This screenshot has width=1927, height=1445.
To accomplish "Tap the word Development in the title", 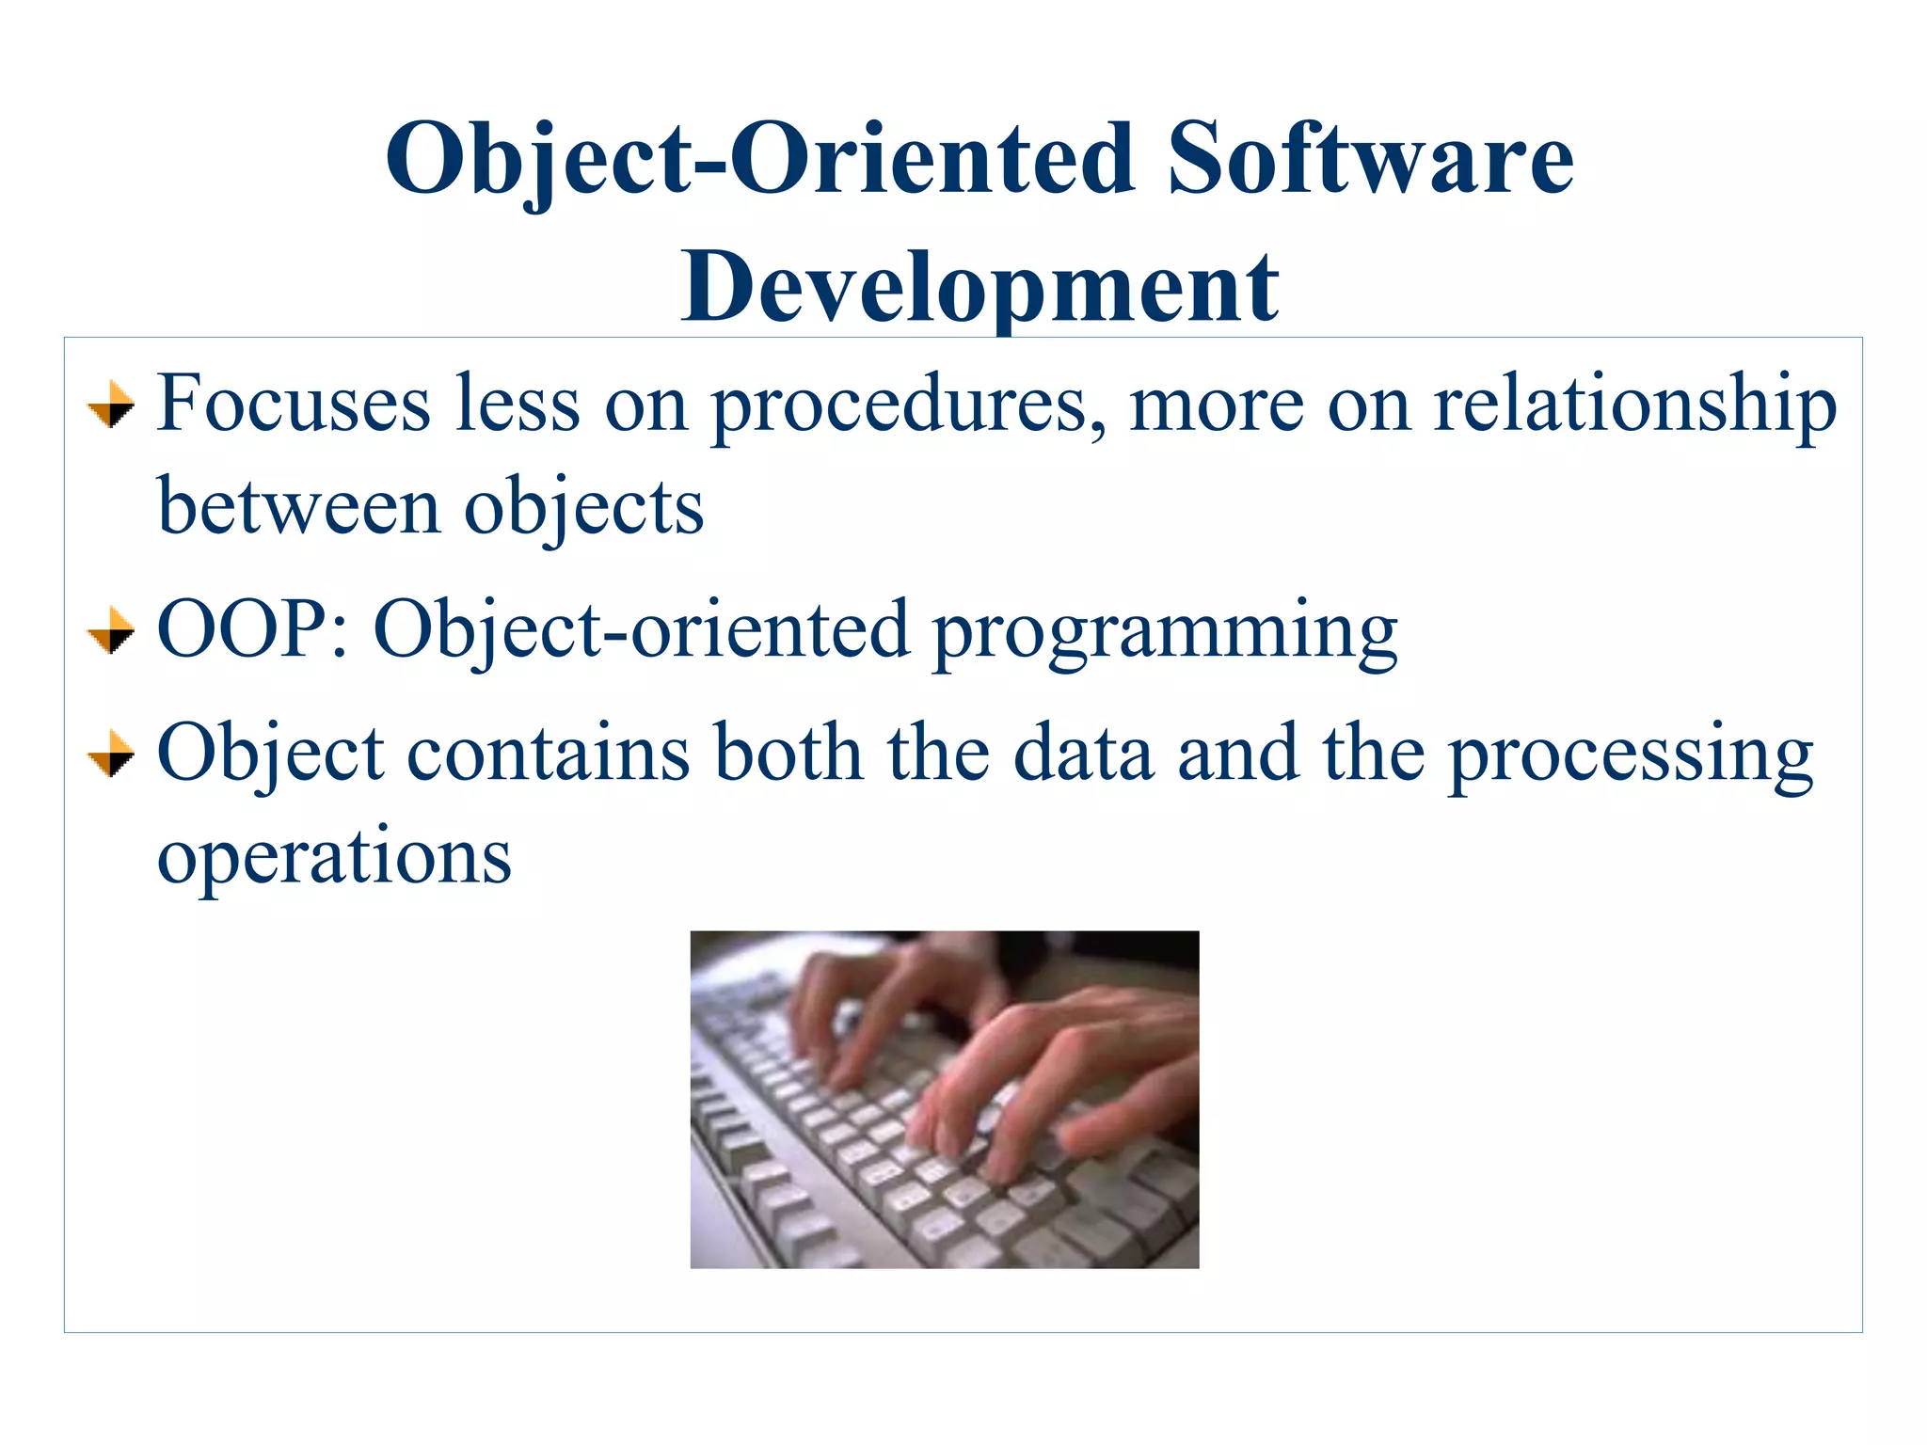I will coord(979,286).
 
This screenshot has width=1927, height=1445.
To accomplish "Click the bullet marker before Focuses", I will coord(111,406).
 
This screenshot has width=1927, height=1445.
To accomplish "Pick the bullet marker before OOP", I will coord(111,631).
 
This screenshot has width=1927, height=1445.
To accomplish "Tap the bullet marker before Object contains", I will coord(111,754).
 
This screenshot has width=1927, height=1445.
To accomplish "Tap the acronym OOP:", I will coord(253,629).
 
